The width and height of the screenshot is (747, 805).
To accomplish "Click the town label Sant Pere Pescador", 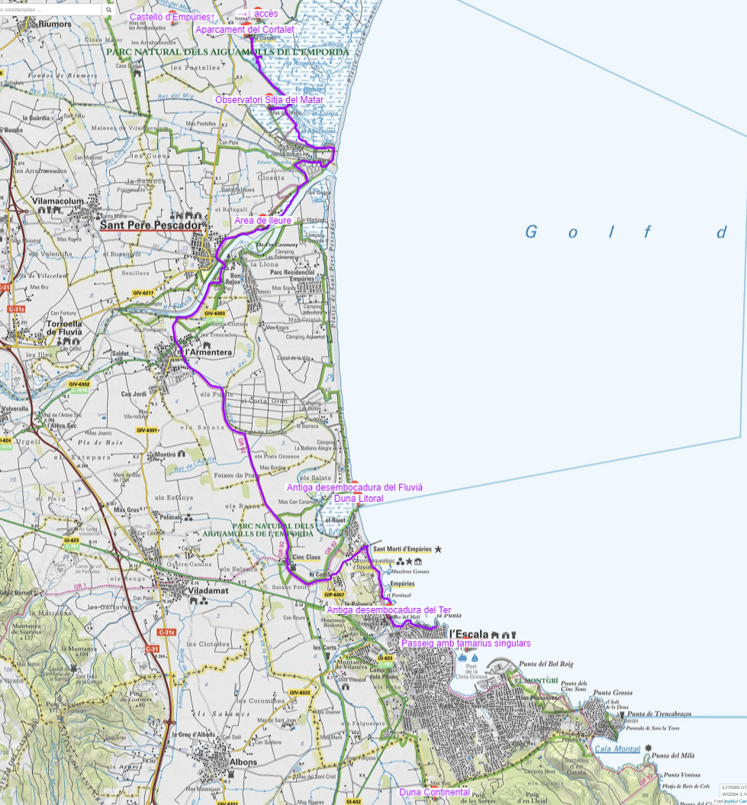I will coord(152,226).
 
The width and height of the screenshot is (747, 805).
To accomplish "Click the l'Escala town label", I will coord(471,633).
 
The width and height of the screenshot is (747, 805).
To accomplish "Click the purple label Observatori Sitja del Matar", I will coord(269,100).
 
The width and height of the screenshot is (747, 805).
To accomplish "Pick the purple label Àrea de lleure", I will coord(262,220).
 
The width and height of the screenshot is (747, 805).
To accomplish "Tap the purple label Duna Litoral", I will coord(359,499).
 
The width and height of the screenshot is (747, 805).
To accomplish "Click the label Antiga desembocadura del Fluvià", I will coord(354,487).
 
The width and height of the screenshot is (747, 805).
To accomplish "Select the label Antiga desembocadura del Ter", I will coord(388,610).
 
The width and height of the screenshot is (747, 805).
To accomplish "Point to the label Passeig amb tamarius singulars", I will coord(465,643).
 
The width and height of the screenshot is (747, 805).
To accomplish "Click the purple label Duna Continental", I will coord(434,792).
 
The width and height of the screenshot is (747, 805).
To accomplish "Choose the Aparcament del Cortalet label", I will coord(244,30).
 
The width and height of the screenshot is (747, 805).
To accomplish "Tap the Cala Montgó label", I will coord(617,750).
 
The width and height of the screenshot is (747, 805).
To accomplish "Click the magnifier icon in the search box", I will coord(108,10).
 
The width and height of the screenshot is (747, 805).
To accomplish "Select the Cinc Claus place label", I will coord(307,558).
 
